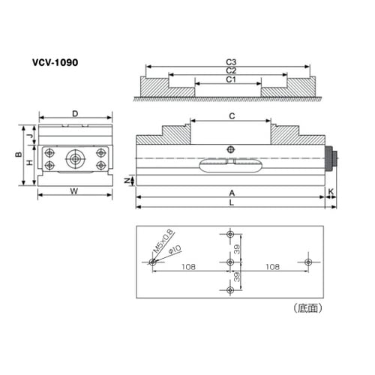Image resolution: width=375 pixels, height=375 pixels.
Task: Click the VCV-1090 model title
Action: coord(55,62)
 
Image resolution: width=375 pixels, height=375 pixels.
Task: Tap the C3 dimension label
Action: coord(231,62)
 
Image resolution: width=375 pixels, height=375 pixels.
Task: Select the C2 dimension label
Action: coord(231,70)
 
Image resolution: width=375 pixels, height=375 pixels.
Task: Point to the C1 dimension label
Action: coord(231,79)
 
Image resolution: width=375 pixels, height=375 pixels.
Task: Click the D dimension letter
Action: coord(75,114)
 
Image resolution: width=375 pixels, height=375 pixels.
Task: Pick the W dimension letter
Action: coord(74,191)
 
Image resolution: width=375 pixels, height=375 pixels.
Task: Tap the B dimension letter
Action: coord(18,154)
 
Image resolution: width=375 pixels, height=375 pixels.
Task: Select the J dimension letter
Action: coord(30,136)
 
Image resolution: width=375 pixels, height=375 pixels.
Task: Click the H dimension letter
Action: coord(30,163)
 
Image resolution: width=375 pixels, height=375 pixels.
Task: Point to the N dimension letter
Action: coord(127,181)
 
